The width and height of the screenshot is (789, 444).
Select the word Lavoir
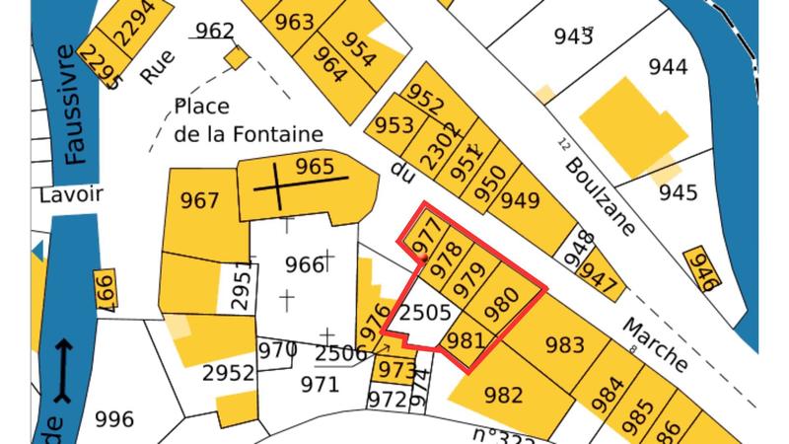pyautogui.click(x=70, y=194)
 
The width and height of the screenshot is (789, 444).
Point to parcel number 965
pyautogui.click(x=315, y=166)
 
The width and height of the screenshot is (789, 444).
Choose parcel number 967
pyautogui.click(x=200, y=201)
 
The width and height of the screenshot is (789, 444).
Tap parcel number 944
pyautogui.click(x=668, y=68)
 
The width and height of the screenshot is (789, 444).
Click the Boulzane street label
pyautogui.click(x=603, y=197)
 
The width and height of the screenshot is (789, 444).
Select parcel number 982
pyautogui.click(x=504, y=396)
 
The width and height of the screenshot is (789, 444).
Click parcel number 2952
pyautogui.click(x=228, y=373)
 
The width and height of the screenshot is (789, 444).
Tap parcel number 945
pyautogui.click(x=678, y=191)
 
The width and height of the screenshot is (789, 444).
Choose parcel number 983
pyautogui.click(x=564, y=345)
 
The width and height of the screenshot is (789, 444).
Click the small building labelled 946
pyautogui.click(x=701, y=268)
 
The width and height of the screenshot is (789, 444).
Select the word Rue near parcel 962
pyautogui.click(x=156, y=67)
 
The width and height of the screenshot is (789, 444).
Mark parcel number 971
pyautogui.click(x=320, y=384)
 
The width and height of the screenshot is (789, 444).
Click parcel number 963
pyautogui.click(x=294, y=22)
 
